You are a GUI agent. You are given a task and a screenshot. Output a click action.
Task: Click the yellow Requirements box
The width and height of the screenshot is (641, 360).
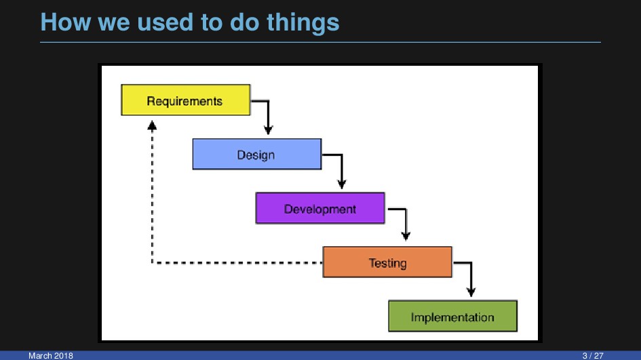pyautogui.click(x=186, y=100)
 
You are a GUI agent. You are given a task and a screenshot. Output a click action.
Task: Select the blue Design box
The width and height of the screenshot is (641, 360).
pyautogui.click(x=256, y=154)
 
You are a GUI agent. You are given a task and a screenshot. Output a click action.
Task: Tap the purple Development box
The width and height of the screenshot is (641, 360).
pyautogui.click(x=320, y=208)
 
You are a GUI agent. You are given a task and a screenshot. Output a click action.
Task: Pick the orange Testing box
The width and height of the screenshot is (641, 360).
pyautogui.click(x=387, y=262)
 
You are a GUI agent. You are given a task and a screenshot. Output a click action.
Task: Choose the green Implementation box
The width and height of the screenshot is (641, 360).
pyautogui.click(x=452, y=317)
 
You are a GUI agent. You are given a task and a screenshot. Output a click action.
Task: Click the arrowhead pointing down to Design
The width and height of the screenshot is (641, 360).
pyautogui.click(x=268, y=130)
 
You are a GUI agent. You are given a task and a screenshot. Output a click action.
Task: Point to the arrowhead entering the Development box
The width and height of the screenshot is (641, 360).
pyautogui.click(x=342, y=184)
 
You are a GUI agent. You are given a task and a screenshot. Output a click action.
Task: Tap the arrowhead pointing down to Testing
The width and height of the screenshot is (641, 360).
pyautogui.click(x=406, y=236)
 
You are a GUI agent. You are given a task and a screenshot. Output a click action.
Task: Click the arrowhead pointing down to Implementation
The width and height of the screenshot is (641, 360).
pyautogui.click(x=471, y=292)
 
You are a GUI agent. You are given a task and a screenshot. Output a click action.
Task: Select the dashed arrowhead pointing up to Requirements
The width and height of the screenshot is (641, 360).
pyautogui.click(x=152, y=126)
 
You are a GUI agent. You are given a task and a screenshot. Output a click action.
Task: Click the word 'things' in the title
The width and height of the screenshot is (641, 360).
pyautogui.click(x=303, y=23)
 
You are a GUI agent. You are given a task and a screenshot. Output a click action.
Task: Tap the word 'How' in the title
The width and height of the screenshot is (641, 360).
pyautogui.click(x=65, y=22)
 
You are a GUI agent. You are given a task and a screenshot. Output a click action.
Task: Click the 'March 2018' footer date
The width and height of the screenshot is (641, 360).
pyautogui.click(x=51, y=356)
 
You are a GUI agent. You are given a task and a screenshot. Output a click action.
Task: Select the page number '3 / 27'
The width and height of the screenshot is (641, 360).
pyautogui.click(x=593, y=356)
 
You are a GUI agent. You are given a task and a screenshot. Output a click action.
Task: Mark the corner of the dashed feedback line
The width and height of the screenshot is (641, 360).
pyautogui.click(x=152, y=263)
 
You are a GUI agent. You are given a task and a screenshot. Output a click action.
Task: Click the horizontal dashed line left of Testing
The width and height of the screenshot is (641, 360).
pyautogui.click(x=237, y=263)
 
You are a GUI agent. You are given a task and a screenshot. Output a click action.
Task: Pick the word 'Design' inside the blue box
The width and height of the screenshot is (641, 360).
pyautogui.click(x=256, y=155)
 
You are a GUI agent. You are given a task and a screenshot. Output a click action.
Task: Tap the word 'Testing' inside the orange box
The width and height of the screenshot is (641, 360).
pyautogui.click(x=387, y=263)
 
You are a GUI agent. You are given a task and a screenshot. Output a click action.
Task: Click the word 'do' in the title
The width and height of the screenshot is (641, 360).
pyautogui.click(x=244, y=22)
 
